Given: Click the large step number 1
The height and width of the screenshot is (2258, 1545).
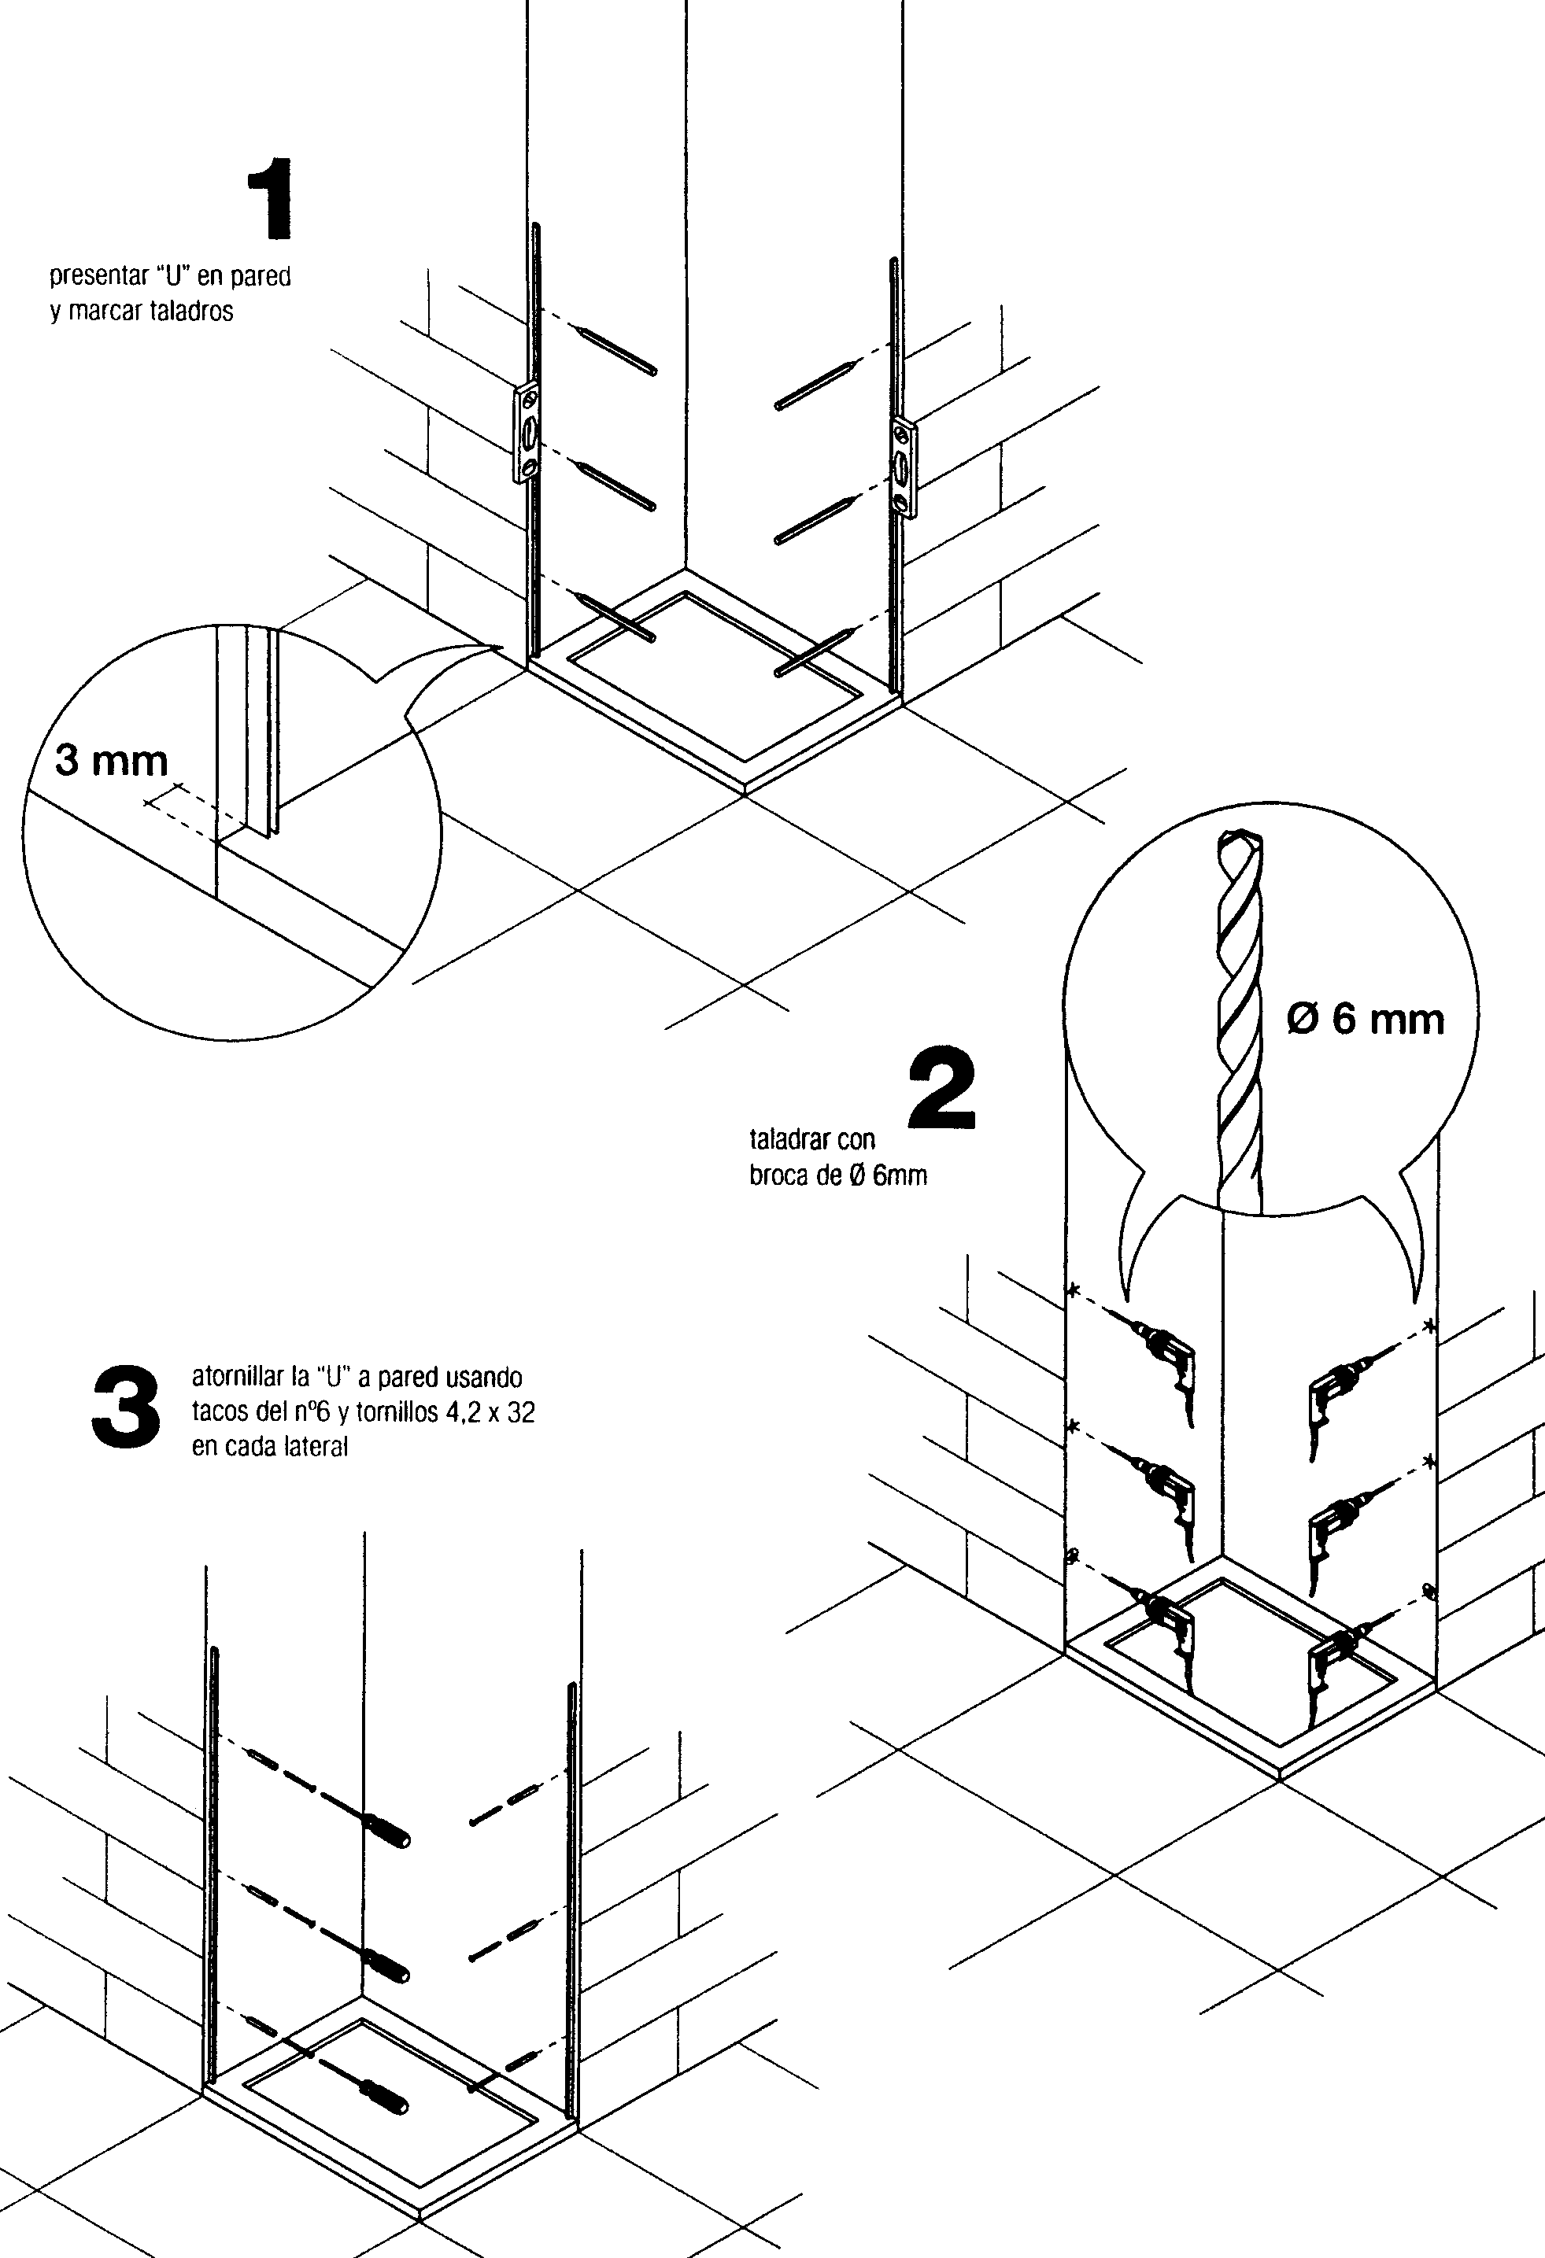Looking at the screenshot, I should point(271,201).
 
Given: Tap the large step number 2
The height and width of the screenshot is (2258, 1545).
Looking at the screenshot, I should point(941,1090).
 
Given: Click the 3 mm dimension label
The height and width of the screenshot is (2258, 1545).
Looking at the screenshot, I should point(111,761).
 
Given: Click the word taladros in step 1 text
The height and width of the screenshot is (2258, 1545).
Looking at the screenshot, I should point(191,312).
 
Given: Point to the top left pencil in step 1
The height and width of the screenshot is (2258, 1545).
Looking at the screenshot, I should point(616,351).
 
